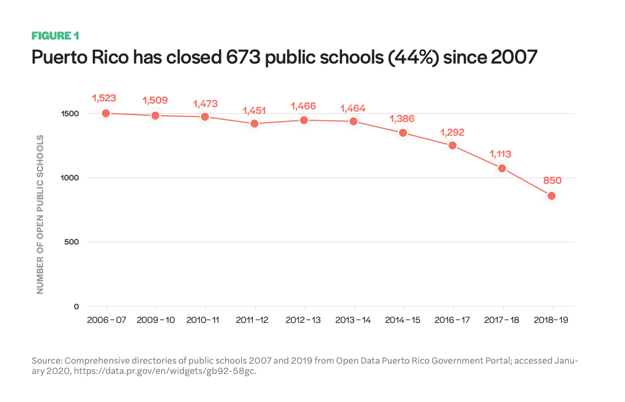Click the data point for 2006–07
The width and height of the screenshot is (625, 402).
pyautogui.click(x=106, y=113)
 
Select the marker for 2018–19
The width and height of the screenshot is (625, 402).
pyautogui.click(x=552, y=196)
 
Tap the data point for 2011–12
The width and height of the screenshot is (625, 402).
pyautogui.click(x=255, y=124)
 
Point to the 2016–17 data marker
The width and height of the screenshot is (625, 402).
pyautogui.click(x=452, y=145)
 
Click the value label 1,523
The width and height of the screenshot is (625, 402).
pyautogui.click(x=104, y=98)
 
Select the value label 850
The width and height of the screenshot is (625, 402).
pyautogui.click(x=552, y=180)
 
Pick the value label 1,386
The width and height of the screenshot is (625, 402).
pyautogui.click(x=402, y=119)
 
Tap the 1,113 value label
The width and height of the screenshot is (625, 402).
pyautogui.click(x=500, y=154)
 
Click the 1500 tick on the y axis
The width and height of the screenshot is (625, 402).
pyautogui.click(x=70, y=114)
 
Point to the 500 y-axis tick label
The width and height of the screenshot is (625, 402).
pyautogui.click(x=71, y=242)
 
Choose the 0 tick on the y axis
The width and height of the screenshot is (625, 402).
pyautogui.click(x=76, y=306)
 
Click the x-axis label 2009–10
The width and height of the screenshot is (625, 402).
pyautogui.click(x=156, y=320)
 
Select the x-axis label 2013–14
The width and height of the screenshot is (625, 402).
pyautogui.click(x=353, y=320)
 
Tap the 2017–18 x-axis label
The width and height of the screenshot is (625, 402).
pyautogui.click(x=502, y=320)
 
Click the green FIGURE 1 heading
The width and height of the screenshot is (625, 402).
pyautogui.click(x=56, y=36)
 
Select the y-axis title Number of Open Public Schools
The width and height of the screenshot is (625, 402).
pyautogui.click(x=40, y=215)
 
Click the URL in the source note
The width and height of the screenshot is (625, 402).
pyautogui.click(x=165, y=371)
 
